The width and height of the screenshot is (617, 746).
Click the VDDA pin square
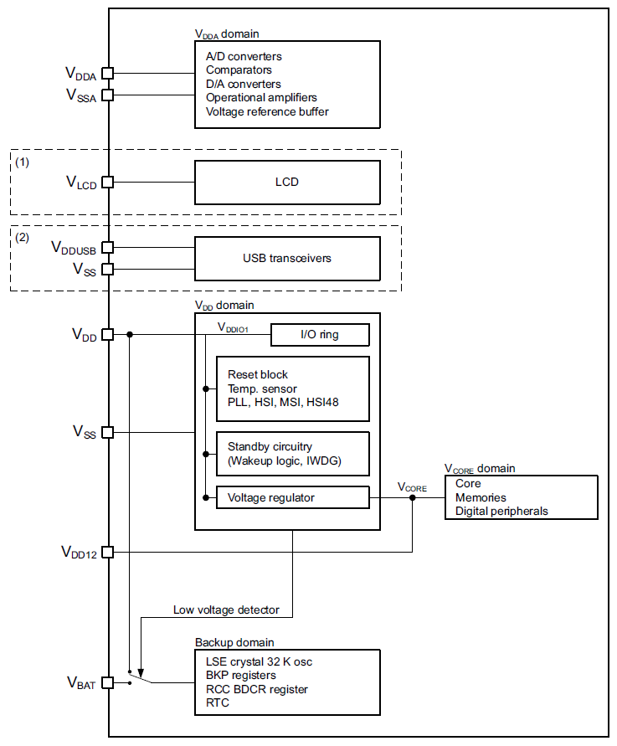coord(108,75)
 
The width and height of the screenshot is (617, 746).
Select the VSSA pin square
coord(108,95)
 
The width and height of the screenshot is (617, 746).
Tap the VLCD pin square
coord(108,182)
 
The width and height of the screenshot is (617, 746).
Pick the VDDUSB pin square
coord(108,248)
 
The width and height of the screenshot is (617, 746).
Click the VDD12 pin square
coord(108,552)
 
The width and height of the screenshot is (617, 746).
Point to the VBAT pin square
coord(108,683)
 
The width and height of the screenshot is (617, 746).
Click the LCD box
coord(287,182)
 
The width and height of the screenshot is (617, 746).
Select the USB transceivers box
coord(287,259)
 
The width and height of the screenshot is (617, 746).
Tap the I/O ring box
coord(320,335)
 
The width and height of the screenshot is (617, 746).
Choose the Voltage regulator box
coord(292,498)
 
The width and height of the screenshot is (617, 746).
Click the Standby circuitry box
coord(292,454)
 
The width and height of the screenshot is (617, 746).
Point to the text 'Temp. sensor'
coord(262,388)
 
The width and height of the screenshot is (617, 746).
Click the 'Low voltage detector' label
coord(226,610)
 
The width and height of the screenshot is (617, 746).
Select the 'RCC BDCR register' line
coord(257,689)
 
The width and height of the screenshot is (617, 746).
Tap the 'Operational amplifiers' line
coord(261,98)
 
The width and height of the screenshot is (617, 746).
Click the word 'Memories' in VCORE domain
coord(481,497)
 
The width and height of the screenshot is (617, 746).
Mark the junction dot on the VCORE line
coord(413,498)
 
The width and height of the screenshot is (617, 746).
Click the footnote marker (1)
coord(23,162)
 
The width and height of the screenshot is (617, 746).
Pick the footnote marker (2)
coord(23,237)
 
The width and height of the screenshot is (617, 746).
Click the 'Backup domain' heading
coord(234,642)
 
